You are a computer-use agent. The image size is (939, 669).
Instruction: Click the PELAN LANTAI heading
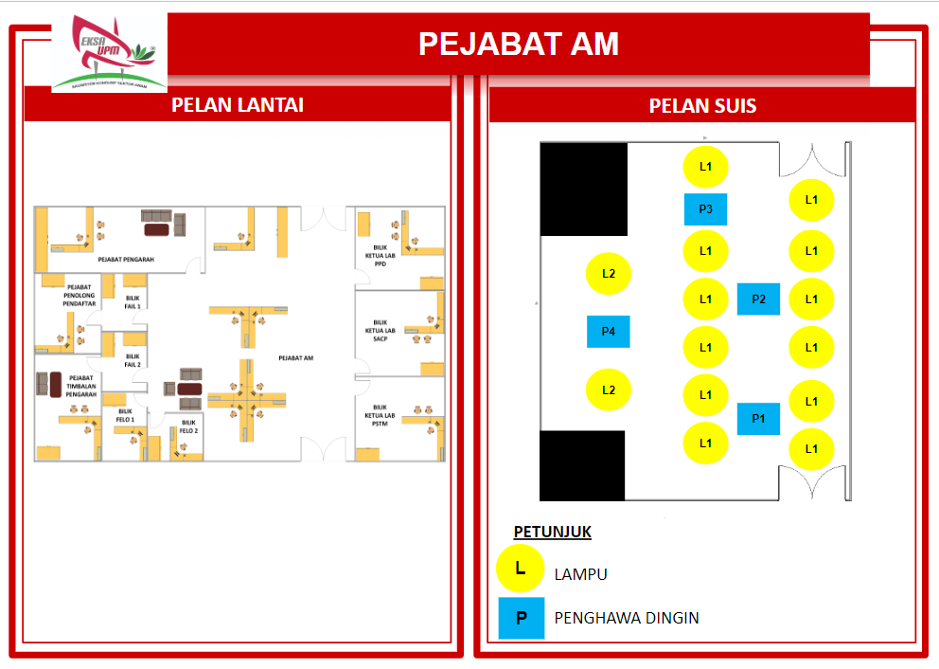(x=238, y=104)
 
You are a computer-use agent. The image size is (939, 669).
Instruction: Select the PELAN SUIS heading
(x=702, y=105)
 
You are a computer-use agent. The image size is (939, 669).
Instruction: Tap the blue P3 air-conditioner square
(x=705, y=209)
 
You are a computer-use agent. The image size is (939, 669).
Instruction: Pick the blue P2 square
(x=758, y=298)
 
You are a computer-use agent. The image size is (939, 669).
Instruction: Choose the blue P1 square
(x=758, y=418)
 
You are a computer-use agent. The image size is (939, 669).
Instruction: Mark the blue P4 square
(x=609, y=332)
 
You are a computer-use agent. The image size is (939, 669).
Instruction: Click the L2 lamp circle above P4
(x=610, y=274)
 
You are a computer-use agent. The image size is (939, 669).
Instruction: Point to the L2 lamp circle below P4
(x=610, y=389)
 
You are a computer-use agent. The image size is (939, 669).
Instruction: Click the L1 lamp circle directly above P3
(x=705, y=167)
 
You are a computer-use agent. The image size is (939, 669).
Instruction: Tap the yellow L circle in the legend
(x=520, y=569)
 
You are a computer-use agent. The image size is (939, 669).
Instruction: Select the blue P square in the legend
(x=522, y=618)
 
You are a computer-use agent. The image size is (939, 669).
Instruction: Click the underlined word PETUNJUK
(x=552, y=532)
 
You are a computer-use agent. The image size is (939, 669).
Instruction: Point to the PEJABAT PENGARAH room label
(x=126, y=259)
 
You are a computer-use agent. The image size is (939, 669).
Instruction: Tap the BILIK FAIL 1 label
(x=133, y=302)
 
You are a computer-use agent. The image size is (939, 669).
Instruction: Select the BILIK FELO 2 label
(x=189, y=426)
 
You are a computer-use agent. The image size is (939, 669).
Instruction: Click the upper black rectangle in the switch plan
(x=584, y=189)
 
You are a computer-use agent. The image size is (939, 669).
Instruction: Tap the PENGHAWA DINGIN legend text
(x=627, y=618)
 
